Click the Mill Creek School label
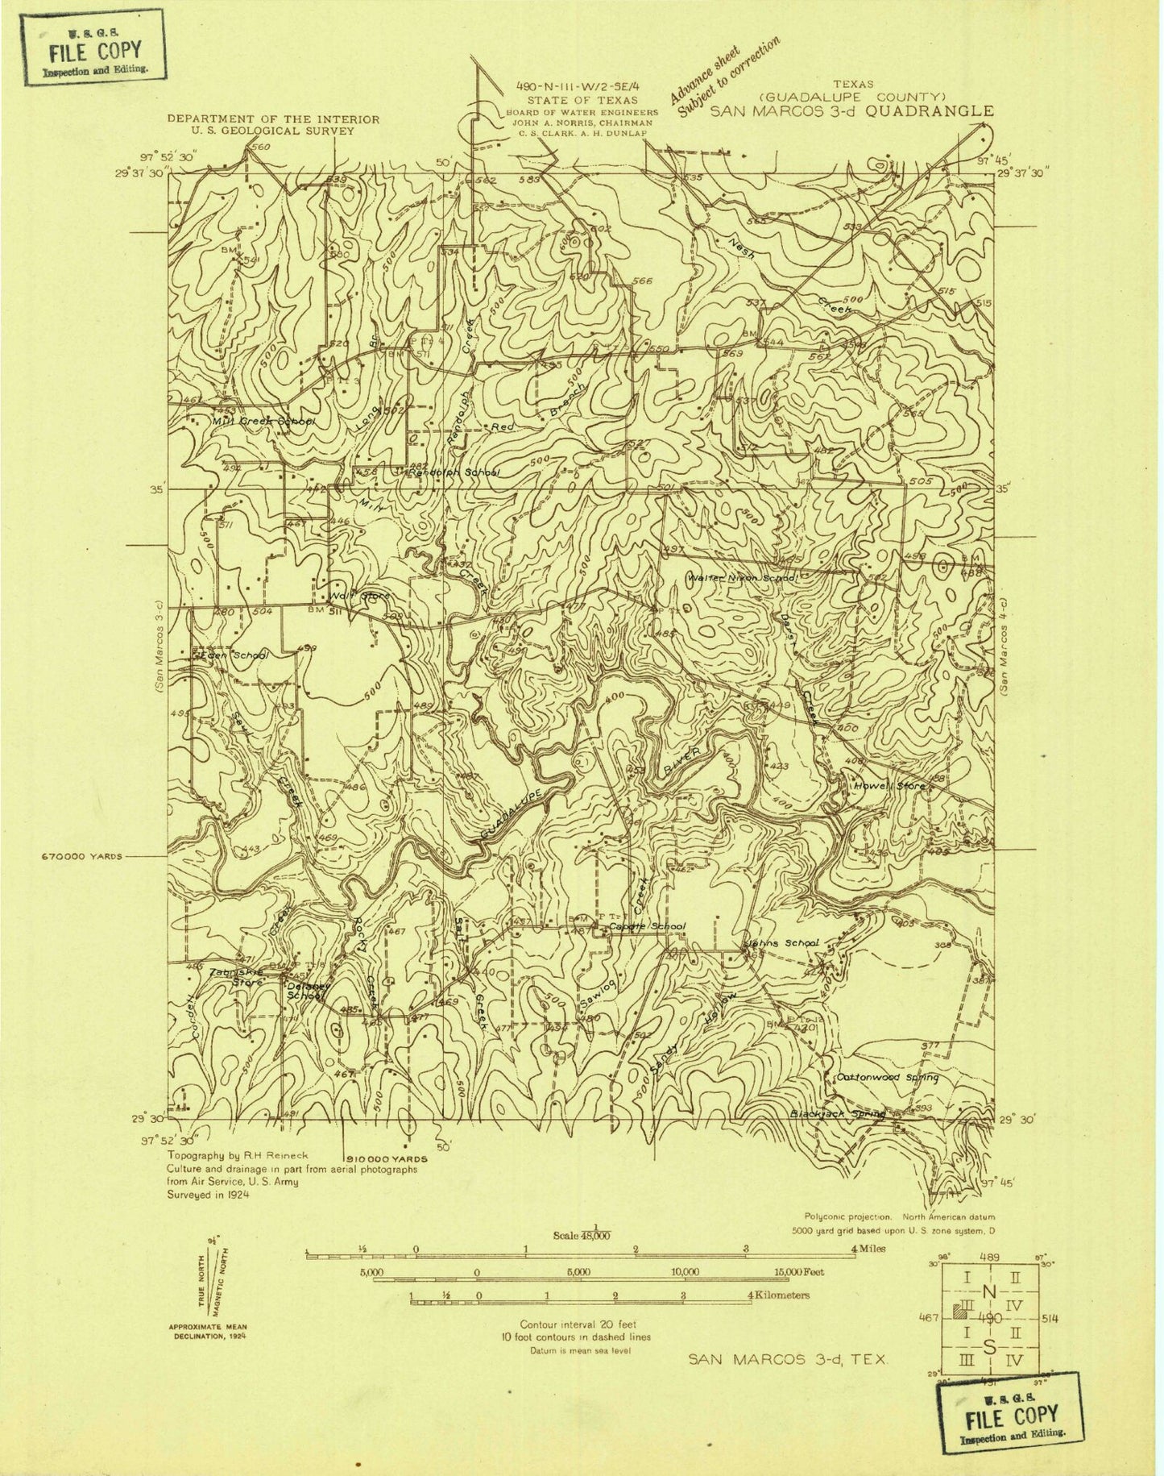[x=262, y=422]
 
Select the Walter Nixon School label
[x=742, y=578]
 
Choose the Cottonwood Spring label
[x=887, y=1077]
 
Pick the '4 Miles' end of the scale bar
[x=868, y=1249]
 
